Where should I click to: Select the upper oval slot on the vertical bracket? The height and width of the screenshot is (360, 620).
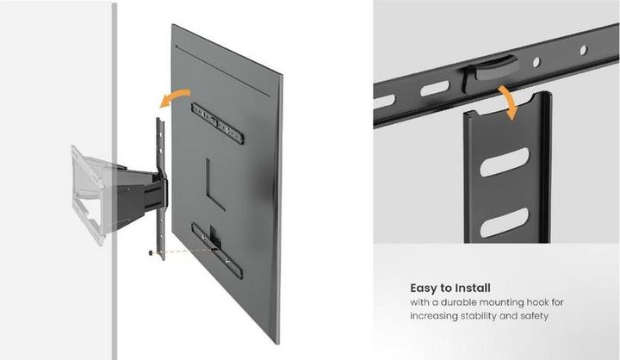(x=505, y=161)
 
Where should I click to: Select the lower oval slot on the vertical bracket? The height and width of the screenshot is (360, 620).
(x=504, y=222)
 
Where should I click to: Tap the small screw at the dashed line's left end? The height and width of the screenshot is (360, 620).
(x=152, y=252)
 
